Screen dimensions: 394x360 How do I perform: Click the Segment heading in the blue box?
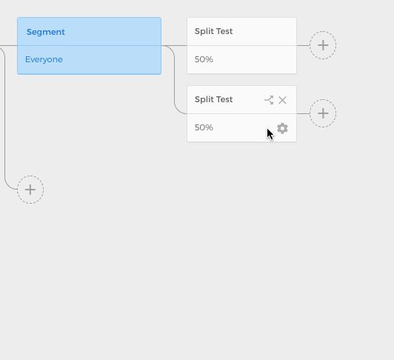45,32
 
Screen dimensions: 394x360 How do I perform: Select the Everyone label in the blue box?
44,59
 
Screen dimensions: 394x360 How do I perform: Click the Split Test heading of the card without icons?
213,31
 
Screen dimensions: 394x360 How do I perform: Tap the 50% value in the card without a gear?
204,59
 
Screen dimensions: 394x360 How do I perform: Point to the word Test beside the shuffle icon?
224,99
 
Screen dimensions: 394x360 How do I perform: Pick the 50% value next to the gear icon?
204,127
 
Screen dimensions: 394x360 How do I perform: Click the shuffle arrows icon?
269,100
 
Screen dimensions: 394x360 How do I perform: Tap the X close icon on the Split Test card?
282,100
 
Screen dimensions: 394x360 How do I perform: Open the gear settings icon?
282,128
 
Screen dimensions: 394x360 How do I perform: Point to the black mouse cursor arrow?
270,135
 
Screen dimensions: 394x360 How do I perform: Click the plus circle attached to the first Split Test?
323,45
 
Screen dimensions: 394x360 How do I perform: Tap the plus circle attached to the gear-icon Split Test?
323,113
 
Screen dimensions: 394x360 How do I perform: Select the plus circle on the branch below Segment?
30,190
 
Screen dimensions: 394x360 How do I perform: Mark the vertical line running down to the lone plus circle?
4,119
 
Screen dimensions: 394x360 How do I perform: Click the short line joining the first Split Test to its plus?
304,45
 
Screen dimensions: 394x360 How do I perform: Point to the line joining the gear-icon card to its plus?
304,113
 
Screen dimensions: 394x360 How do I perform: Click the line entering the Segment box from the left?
9,45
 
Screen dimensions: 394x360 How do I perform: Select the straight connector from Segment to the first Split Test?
174,45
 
